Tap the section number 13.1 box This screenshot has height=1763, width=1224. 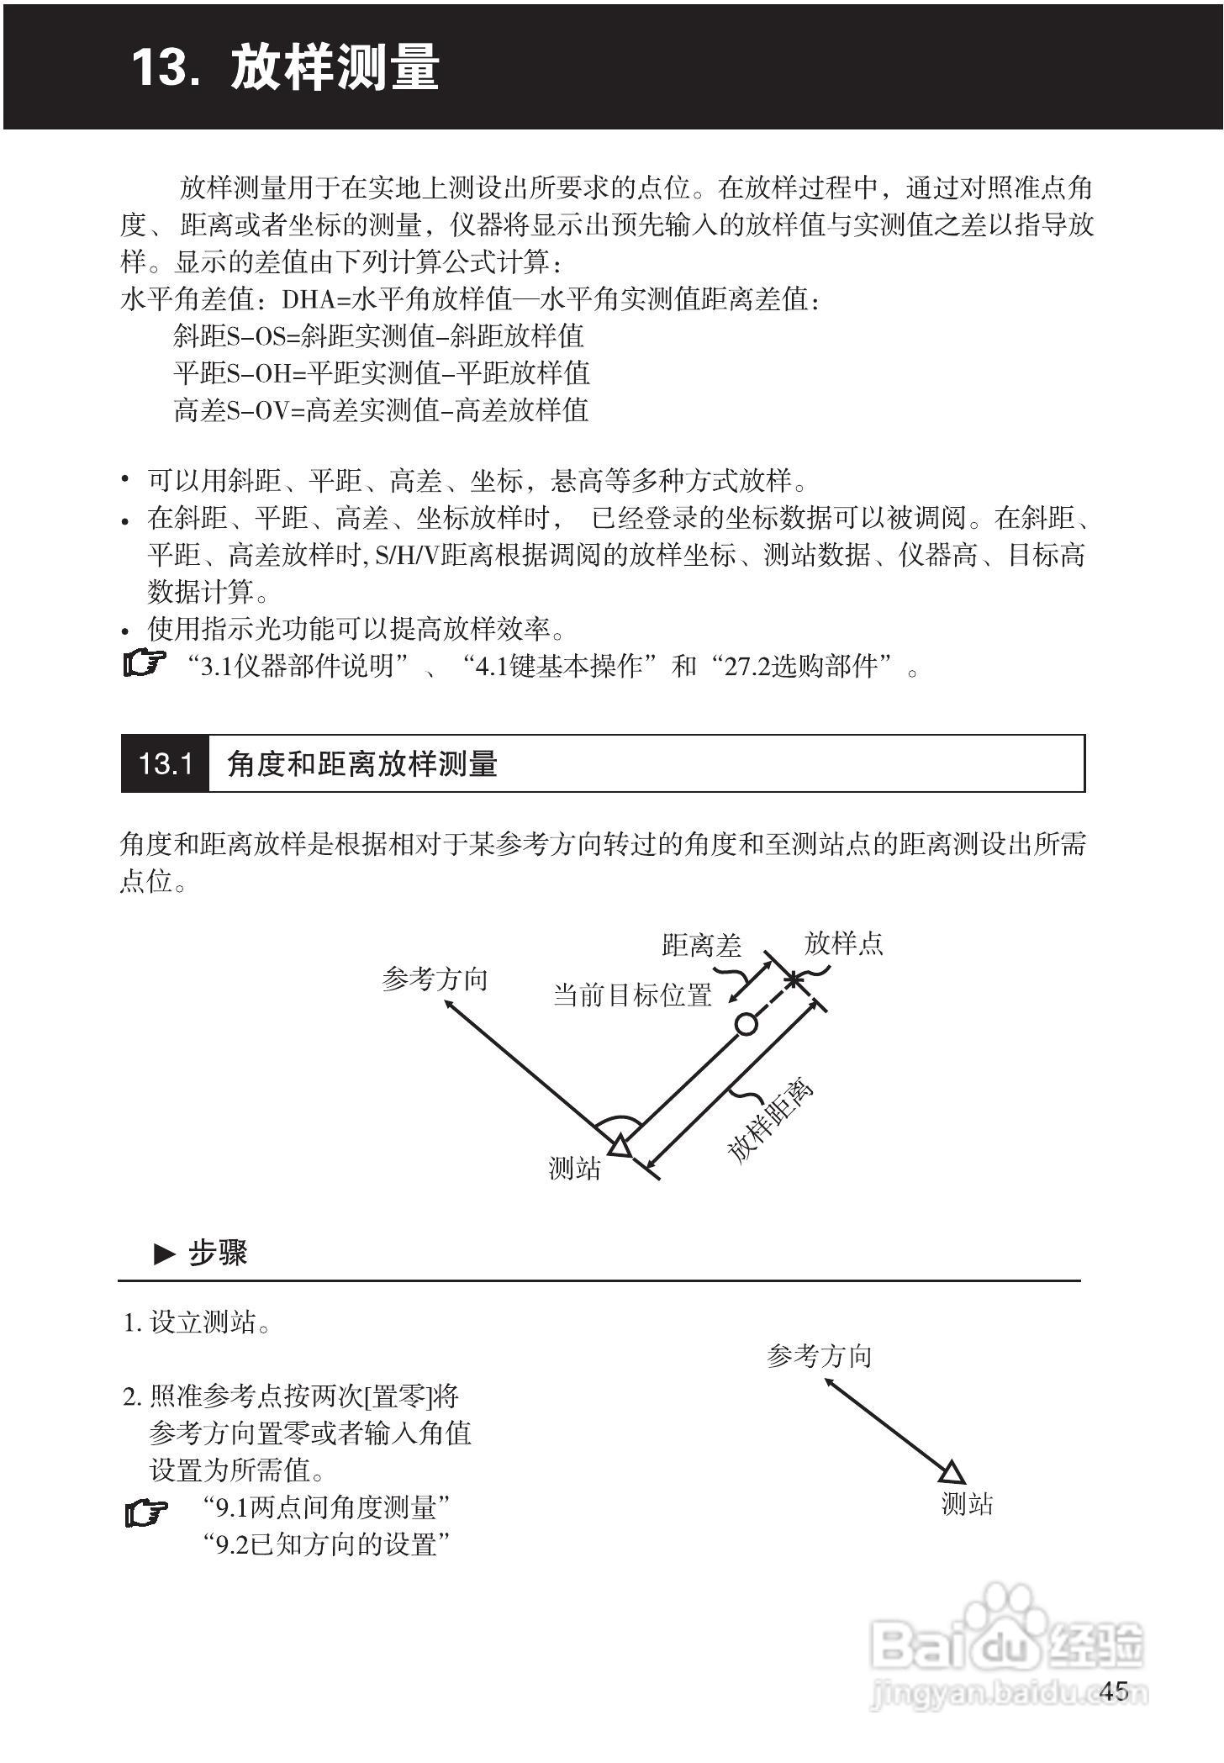click(165, 764)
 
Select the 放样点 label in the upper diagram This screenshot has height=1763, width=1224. click(843, 944)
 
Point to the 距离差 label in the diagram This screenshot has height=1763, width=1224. click(701, 947)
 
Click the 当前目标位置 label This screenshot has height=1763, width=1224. click(632, 996)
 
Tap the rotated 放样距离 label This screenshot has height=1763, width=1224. click(770, 1122)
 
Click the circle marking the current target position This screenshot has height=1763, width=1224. click(746, 1024)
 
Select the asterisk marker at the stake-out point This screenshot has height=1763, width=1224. click(793, 979)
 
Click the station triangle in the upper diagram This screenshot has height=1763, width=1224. click(619, 1146)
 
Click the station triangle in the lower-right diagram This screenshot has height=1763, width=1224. click(952, 1473)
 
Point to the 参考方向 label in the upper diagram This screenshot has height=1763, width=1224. click(435, 979)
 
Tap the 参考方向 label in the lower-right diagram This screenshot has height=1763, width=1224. click(820, 1356)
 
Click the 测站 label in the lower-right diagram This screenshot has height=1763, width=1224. click(967, 1504)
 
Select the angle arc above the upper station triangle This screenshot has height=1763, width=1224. click(618, 1122)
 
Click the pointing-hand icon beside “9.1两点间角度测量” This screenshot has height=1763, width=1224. click(146, 1513)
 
